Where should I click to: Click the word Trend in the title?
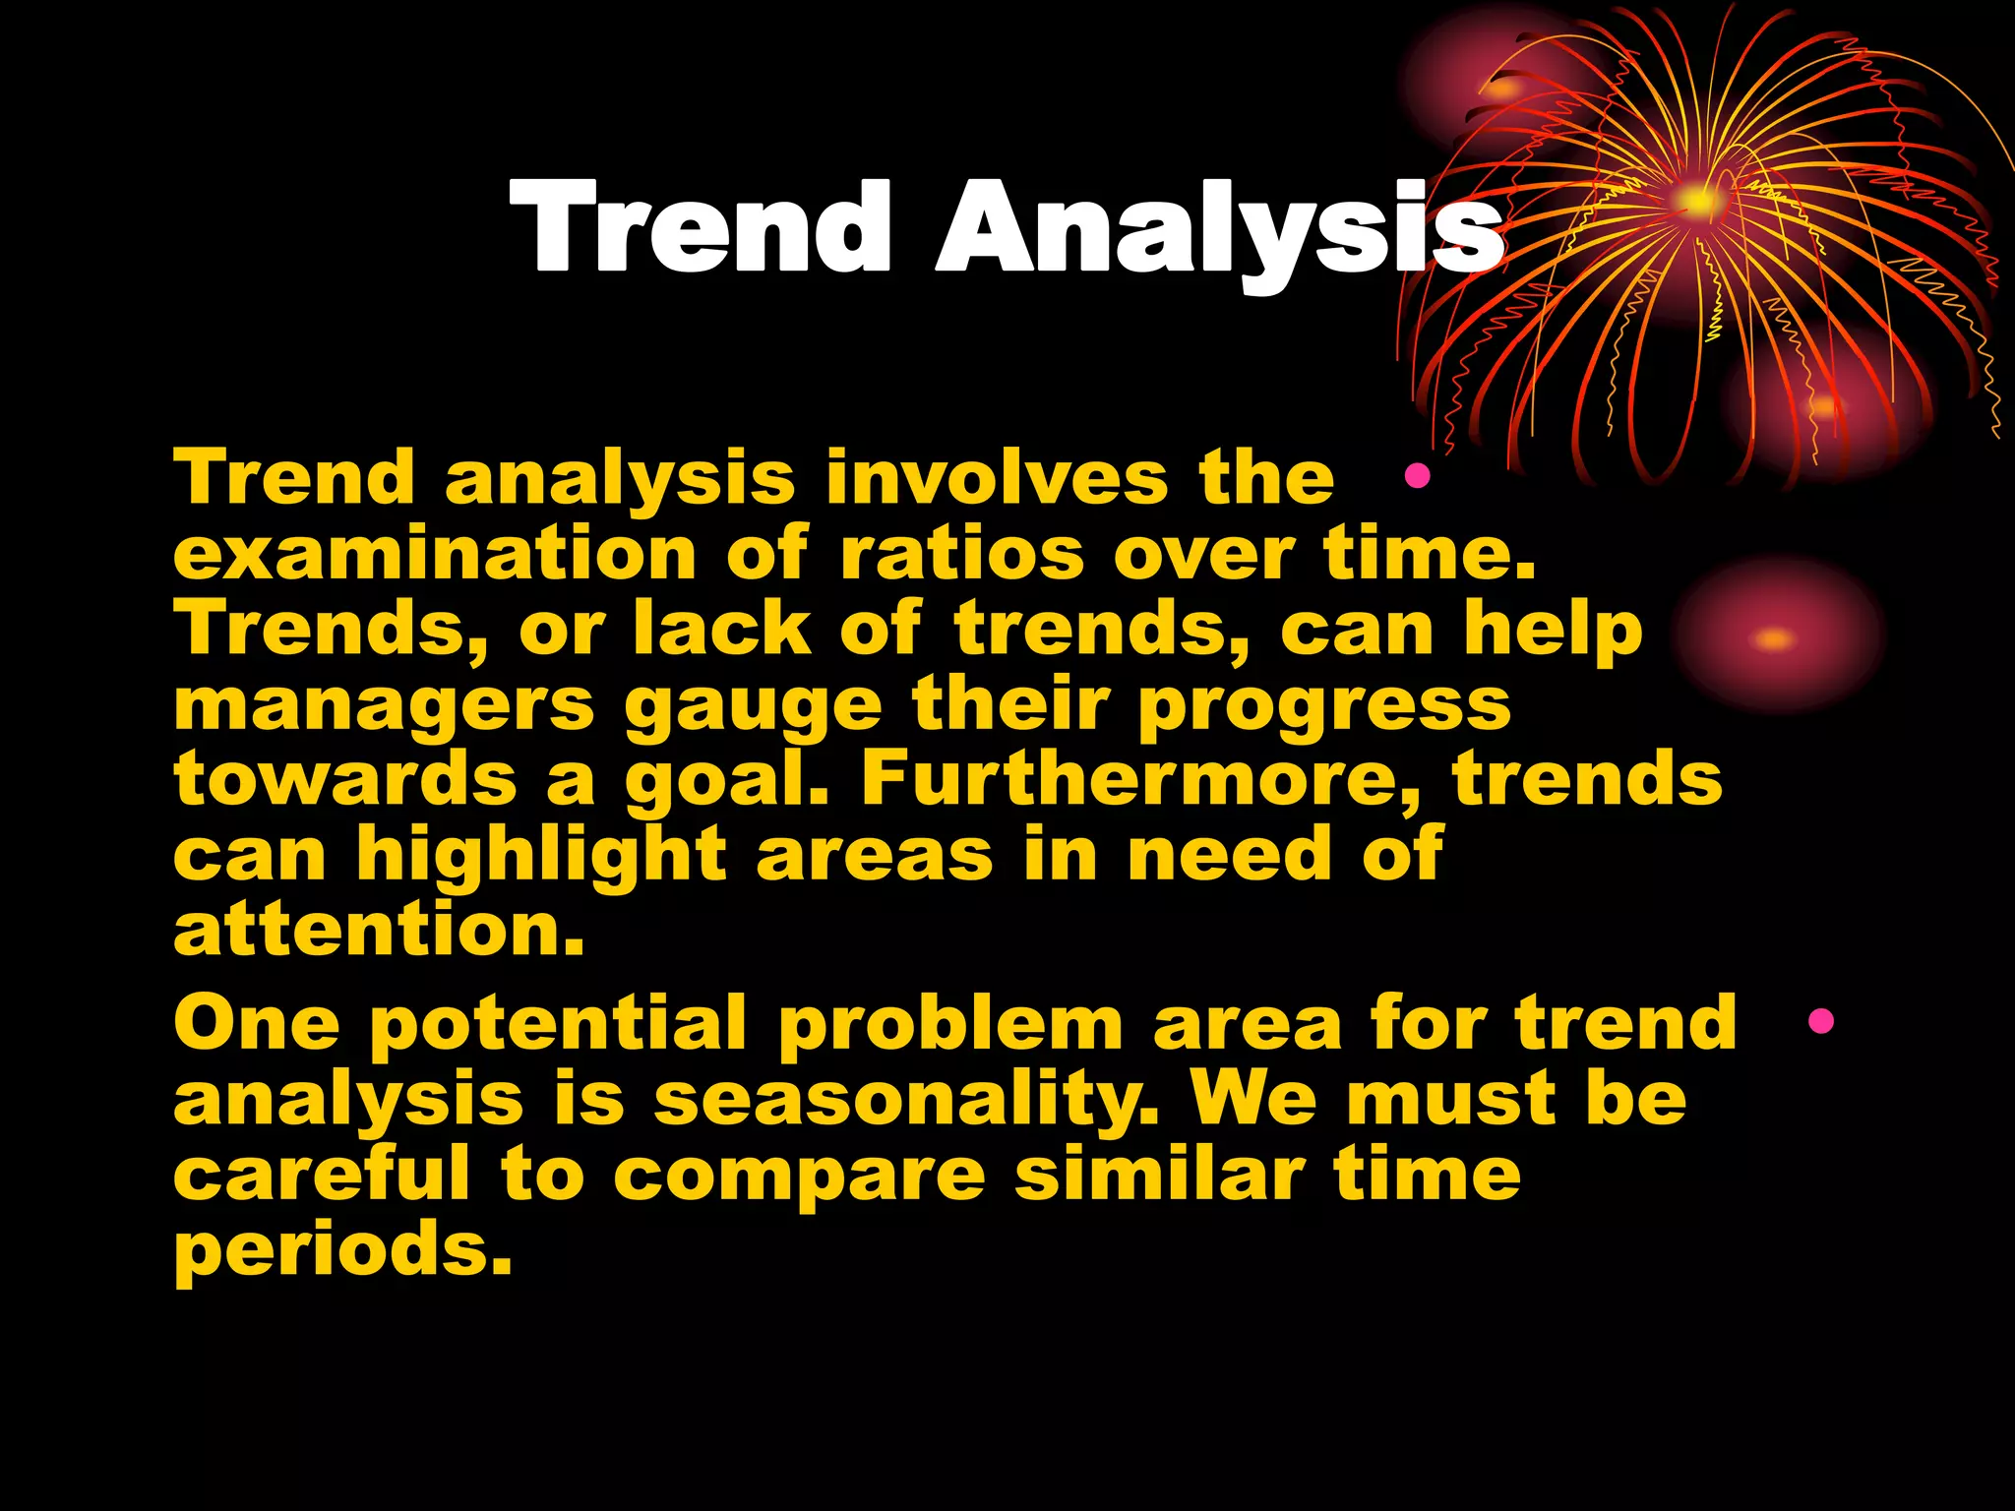tap(701, 228)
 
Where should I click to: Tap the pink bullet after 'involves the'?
tap(1417, 477)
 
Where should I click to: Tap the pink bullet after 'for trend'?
tap(1820, 1021)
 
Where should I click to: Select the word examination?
tap(435, 554)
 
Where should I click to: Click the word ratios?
tap(961, 554)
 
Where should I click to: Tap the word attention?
tap(379, 931)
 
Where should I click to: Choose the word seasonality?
tap(905, 1100)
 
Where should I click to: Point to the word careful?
tap(322, 1175)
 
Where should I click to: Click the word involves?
tap(996, 477)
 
